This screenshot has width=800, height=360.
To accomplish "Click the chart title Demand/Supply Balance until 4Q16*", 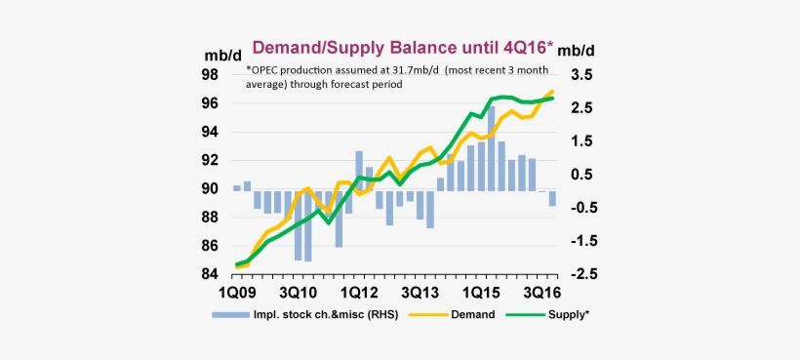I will [x=403, y=47].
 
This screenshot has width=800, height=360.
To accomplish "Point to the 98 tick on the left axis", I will [x=209, y=74].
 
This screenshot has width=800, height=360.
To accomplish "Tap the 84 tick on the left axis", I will [x=209, y=274].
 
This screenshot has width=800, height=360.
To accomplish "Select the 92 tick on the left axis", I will [x=209, y=160].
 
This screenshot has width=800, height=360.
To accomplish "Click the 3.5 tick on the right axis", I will [x=582, y=74].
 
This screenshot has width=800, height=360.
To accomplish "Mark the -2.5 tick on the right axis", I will [x=580, y=274].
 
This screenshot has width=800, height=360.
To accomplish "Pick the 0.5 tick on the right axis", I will [x=582, y=175].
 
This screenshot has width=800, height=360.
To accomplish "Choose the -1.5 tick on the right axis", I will [x=580, y=241].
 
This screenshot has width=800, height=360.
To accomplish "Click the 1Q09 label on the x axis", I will [x=235, y=293].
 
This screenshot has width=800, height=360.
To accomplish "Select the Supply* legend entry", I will [x=569, y=314].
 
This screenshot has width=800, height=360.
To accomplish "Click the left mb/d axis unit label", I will [x=221, y=55].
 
